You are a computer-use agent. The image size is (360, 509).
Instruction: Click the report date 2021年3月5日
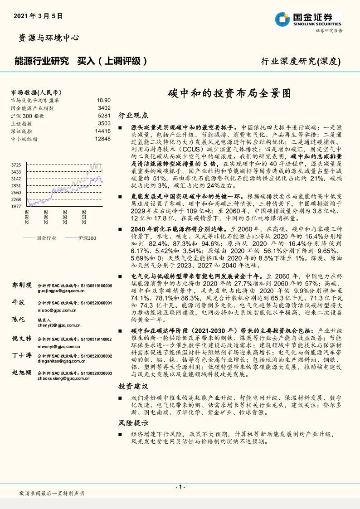38,15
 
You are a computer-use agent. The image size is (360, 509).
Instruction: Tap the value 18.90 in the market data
103,100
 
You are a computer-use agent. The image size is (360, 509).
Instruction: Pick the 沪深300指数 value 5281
104,116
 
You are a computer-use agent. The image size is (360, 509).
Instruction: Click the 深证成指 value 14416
102,131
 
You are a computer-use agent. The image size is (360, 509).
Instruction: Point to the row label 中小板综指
24,139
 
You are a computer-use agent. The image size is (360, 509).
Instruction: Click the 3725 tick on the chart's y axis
16,165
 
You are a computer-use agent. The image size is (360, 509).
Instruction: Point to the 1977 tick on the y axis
16,207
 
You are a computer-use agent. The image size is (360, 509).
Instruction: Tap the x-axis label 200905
66,219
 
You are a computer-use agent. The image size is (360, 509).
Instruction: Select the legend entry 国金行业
46,238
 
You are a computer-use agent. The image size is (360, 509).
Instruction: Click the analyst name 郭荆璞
22,285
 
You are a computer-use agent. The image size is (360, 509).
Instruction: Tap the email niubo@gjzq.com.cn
56,310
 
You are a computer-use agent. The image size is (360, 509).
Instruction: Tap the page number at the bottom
180,486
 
